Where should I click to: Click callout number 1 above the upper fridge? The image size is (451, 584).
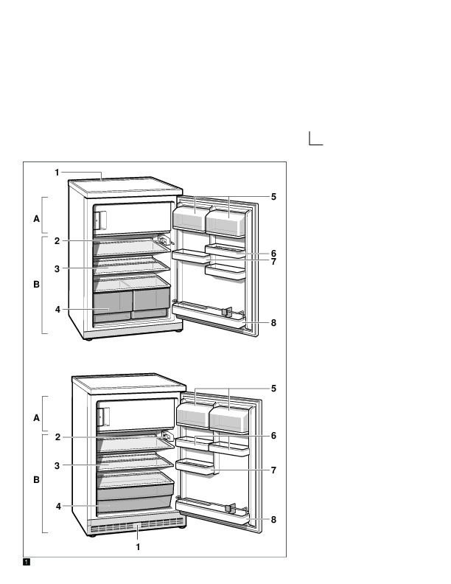pyautogui.click(x=57, y=173)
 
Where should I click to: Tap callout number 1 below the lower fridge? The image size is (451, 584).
pyautogui.click(x=138, y=547)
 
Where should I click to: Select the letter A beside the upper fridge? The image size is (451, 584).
pyautogui.click(x=36, y=218)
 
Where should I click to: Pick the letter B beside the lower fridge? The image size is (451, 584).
pyautogui.click(x=36, y=479)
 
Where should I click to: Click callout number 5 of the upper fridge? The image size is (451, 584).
pyautogui.click(x=273, y=197)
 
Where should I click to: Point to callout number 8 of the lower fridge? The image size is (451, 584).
pyautogui.click(x=273, y=520)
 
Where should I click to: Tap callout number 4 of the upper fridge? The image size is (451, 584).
pyautogui.click(x=57, y=310)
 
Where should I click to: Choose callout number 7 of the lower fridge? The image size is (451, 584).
pyautogui.click(x=273, y=470)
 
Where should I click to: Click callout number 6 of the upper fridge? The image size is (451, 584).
pyautogui.click(x=273, y=254)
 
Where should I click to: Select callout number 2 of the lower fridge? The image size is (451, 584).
pyautogui.click(x=57, y=437)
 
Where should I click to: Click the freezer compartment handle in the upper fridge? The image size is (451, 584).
pyautogui.click(x=100, y=220)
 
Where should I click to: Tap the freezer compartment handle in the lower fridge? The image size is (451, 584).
pyautogui.click(x=103, y=416)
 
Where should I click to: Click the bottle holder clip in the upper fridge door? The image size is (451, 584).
pyautogui.click(x=226, y=312)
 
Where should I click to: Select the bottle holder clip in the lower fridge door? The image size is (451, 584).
pyautogui.click(x=231, y=508)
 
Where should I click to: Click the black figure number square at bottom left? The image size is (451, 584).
pyautogui.click(x=27, y=562)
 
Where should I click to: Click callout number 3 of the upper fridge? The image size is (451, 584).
pyautogui.click(x=57, y=269)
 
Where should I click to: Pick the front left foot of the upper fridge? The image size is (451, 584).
pyautogui.click(x=88, y=339)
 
